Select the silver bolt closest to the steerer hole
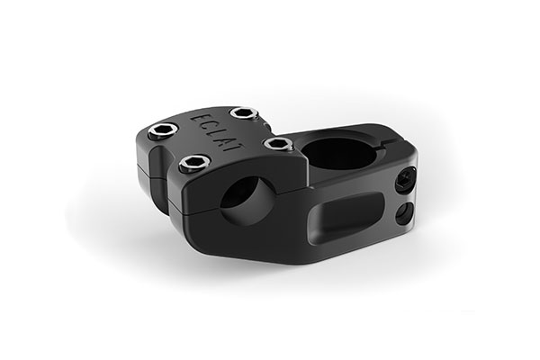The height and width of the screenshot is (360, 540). pos(277,143)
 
